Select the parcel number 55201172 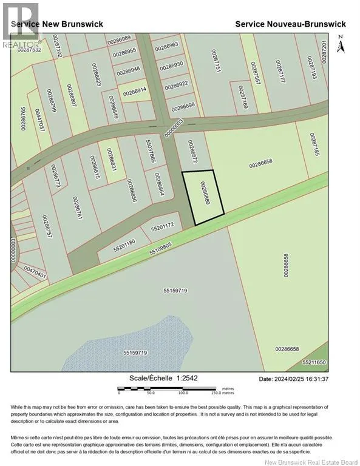162,226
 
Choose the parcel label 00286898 183,107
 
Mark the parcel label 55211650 314,362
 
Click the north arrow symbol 340,44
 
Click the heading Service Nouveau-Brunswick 290,24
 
